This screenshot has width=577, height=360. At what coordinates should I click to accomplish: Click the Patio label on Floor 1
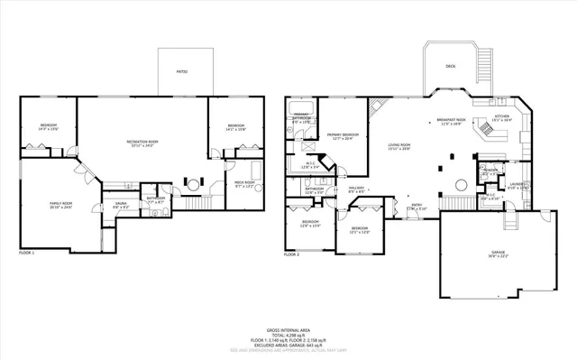point(182,69)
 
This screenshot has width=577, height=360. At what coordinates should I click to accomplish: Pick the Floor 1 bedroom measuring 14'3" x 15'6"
point(48,126)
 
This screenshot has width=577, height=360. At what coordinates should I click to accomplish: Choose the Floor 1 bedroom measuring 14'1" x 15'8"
point(236,126)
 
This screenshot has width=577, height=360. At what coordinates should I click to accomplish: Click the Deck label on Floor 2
point(450,67)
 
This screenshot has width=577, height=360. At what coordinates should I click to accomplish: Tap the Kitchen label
point(502,116)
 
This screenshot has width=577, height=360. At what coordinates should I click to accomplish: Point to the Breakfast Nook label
point(451,120)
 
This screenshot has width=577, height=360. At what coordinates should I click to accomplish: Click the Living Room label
point(399,145)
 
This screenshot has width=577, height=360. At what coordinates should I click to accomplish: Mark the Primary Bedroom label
point(345,135)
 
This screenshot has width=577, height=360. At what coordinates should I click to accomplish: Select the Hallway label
point(356,189)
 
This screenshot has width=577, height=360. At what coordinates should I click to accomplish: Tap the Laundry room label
point(517,184)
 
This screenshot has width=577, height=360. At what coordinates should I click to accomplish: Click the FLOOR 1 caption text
point(26,254)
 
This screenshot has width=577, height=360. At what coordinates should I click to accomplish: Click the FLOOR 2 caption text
point(291,254)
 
